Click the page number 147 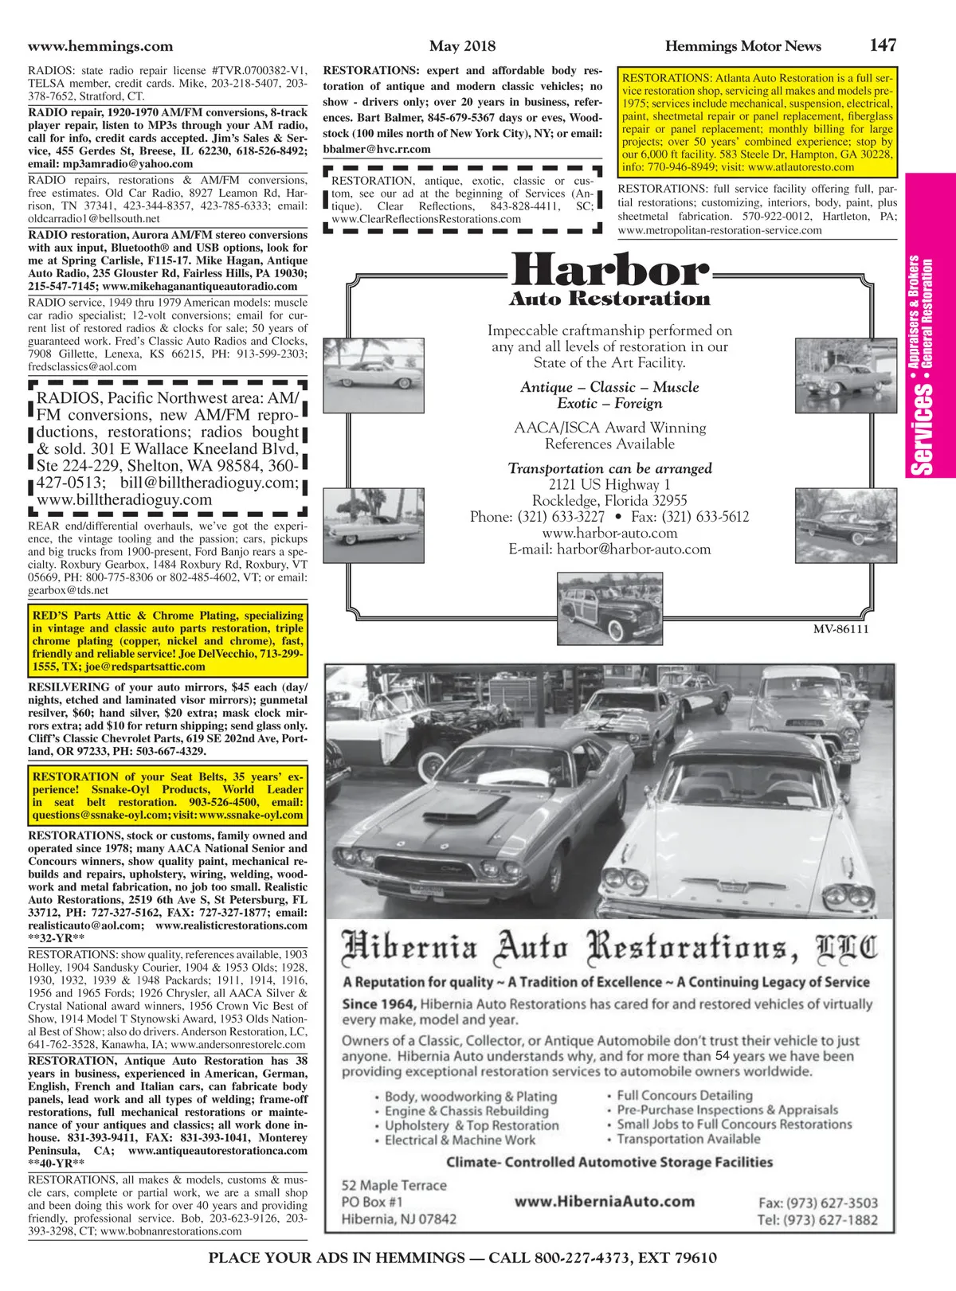[x=883, y=45]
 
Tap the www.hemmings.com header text [x=100, y=46]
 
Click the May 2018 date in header [x=462, y=46]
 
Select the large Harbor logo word [x=609, y=271]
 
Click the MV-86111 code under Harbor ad [x=840, y=629]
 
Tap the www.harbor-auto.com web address [x=609, y=533]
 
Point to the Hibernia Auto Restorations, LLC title [x=609, y=948]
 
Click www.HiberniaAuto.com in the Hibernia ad [x=604, y=1202]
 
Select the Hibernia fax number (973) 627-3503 [x=817, y=1203]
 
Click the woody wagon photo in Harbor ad [x=610, y=607]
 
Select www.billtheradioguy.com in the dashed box [x=124, y=500]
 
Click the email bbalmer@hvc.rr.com [x=377, y=149]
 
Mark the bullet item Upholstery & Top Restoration [x=472, y=1125]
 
